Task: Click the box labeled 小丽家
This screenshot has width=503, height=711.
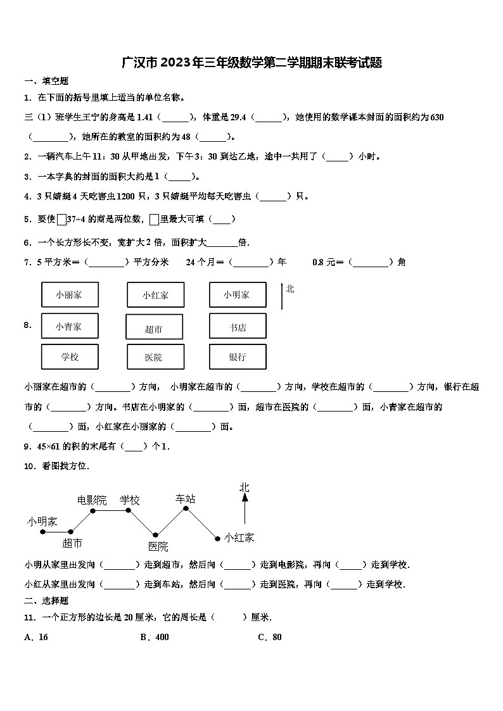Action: pos(70,294)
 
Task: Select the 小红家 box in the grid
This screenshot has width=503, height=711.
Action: pos(155,295)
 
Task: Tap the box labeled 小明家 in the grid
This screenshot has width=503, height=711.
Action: pos(237,294)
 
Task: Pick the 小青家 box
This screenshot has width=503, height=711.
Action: pos(70,326)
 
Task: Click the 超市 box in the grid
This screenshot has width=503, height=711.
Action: pos(155,327)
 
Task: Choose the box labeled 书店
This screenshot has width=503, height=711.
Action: pos(237,326)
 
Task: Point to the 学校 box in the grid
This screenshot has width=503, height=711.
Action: pos(70,356)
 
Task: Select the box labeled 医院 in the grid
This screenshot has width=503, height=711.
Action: pos(155,357)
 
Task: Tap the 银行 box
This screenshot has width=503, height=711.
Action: pos(237,356)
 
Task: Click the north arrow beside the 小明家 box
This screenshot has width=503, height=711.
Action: pos(282,296)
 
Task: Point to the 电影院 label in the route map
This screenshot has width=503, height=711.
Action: pos(92,500)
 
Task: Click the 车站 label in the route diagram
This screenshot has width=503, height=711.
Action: pos(185,498)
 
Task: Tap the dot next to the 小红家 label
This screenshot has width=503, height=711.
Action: pos(217,539)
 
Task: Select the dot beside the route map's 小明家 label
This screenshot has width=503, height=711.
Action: pos(42,532)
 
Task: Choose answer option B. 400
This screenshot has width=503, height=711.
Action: pos(155,637)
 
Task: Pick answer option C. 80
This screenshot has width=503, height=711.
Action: pos(269,637)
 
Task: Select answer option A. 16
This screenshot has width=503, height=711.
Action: pos(36,637)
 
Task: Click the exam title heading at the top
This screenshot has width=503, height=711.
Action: pos(251,63)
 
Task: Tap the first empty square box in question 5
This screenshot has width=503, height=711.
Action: pos(61,219)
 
